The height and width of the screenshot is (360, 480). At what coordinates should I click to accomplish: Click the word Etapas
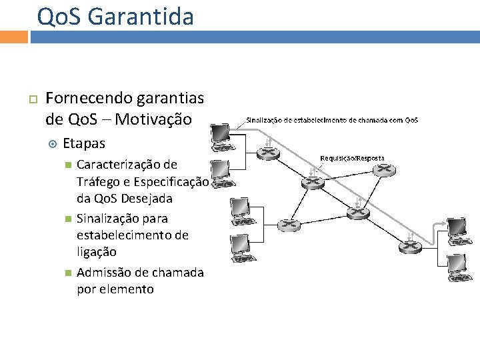84,143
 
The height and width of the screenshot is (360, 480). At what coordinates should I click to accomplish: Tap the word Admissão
103,273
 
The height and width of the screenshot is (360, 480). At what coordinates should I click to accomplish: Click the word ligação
97,252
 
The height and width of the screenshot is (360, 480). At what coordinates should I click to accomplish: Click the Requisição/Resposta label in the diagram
352,158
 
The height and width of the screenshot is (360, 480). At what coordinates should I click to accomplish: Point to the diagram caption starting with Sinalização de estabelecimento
332,120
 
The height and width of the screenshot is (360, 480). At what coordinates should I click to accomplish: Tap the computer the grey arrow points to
459,229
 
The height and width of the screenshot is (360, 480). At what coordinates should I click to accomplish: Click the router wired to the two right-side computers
409,247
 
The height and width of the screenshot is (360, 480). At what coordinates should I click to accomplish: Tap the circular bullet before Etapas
54,144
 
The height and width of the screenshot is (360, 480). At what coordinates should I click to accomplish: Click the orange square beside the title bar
13,37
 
